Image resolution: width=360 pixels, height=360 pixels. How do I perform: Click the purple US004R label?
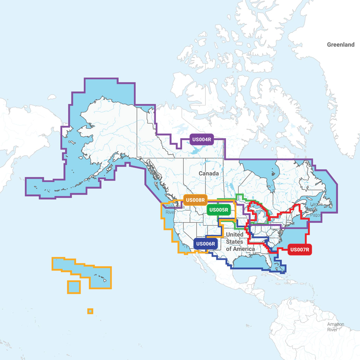click(202, 139)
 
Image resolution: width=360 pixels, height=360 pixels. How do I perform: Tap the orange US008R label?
click(195, 200)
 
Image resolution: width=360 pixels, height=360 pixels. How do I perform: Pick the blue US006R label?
click(206, 244)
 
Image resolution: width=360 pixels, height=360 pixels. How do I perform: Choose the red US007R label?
click(300, 250)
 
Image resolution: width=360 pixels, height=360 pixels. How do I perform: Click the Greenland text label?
click(340, 45)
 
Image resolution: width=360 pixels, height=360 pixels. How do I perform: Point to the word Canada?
click(208, 173)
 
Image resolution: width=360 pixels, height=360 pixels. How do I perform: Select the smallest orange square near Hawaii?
click(90, 311)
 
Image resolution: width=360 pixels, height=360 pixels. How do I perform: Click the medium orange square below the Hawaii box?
click(74, 287)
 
